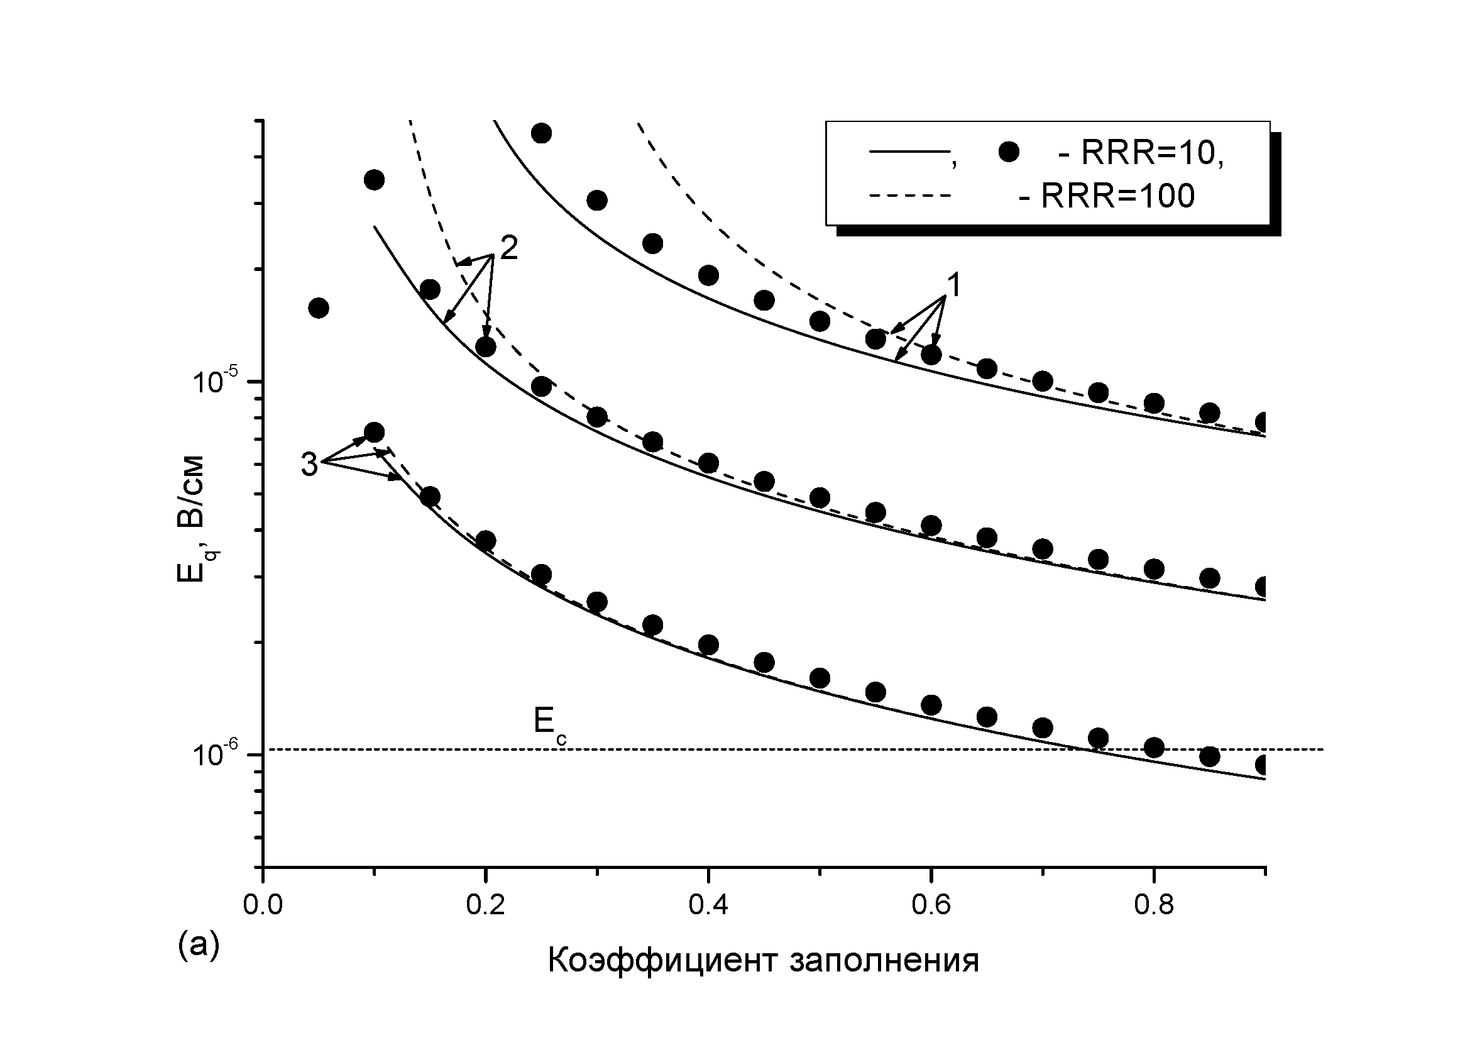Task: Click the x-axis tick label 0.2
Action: pyautogui.click(x=485, y=906)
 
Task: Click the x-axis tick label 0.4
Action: pyautogui.click(x=708, y=906)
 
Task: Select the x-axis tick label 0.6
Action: pyautogui.click(x=930, y=906)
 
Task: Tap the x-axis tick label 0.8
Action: pyautogui.click(x=1153, y=906)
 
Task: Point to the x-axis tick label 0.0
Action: pyautogui.click(x=263, y=906)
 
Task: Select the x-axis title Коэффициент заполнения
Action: pyautogui.click(x=763, y=961)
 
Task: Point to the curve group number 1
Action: pyautogui.click(x=953, y=286)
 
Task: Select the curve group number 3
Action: pyautogui.click(x=309, y=465)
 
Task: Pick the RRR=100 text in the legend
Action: pyautogui.click(x=1107, y=196)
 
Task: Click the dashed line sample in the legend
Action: pyautogui.click(x=909, y=196)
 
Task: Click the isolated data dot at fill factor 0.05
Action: pyautogui.click(x=319, y=308)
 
